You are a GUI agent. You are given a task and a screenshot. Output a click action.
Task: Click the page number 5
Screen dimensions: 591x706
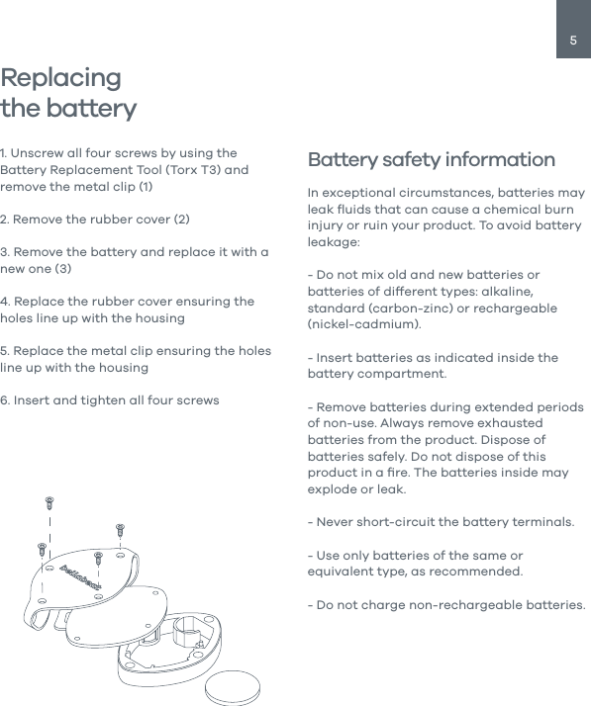point(573,41)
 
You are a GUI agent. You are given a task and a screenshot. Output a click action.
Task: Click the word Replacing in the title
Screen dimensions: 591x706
point(61,78)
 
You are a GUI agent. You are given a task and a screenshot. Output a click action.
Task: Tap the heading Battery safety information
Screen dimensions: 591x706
point(432,160)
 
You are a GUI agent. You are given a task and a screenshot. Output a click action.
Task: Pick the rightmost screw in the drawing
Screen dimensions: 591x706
point(120,530)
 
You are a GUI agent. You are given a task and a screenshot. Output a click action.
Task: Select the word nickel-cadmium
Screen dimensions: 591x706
point(363,324)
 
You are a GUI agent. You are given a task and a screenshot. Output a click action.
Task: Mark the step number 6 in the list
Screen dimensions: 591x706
point(4,399)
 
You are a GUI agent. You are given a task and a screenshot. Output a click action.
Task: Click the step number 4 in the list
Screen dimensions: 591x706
point(4,301)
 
